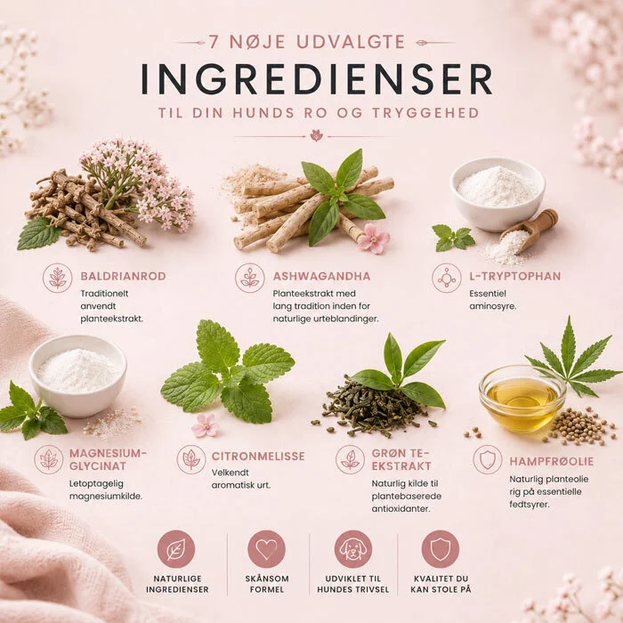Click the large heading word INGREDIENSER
317,78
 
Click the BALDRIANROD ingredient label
123,276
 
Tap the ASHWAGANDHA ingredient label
321,276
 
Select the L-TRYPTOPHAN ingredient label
515,276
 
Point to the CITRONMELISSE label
258,456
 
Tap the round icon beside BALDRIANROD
58,278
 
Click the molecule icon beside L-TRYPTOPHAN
447,278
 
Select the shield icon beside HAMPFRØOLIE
488,460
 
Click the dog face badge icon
353,549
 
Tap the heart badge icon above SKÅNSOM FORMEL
266,549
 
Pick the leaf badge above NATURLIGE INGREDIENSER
176,549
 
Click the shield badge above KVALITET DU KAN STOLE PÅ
441,549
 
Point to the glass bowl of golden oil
522,400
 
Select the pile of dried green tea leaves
369,408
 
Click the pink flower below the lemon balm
206,425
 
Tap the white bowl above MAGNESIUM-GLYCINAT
78,376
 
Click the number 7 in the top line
214,42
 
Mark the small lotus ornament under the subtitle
316,135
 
